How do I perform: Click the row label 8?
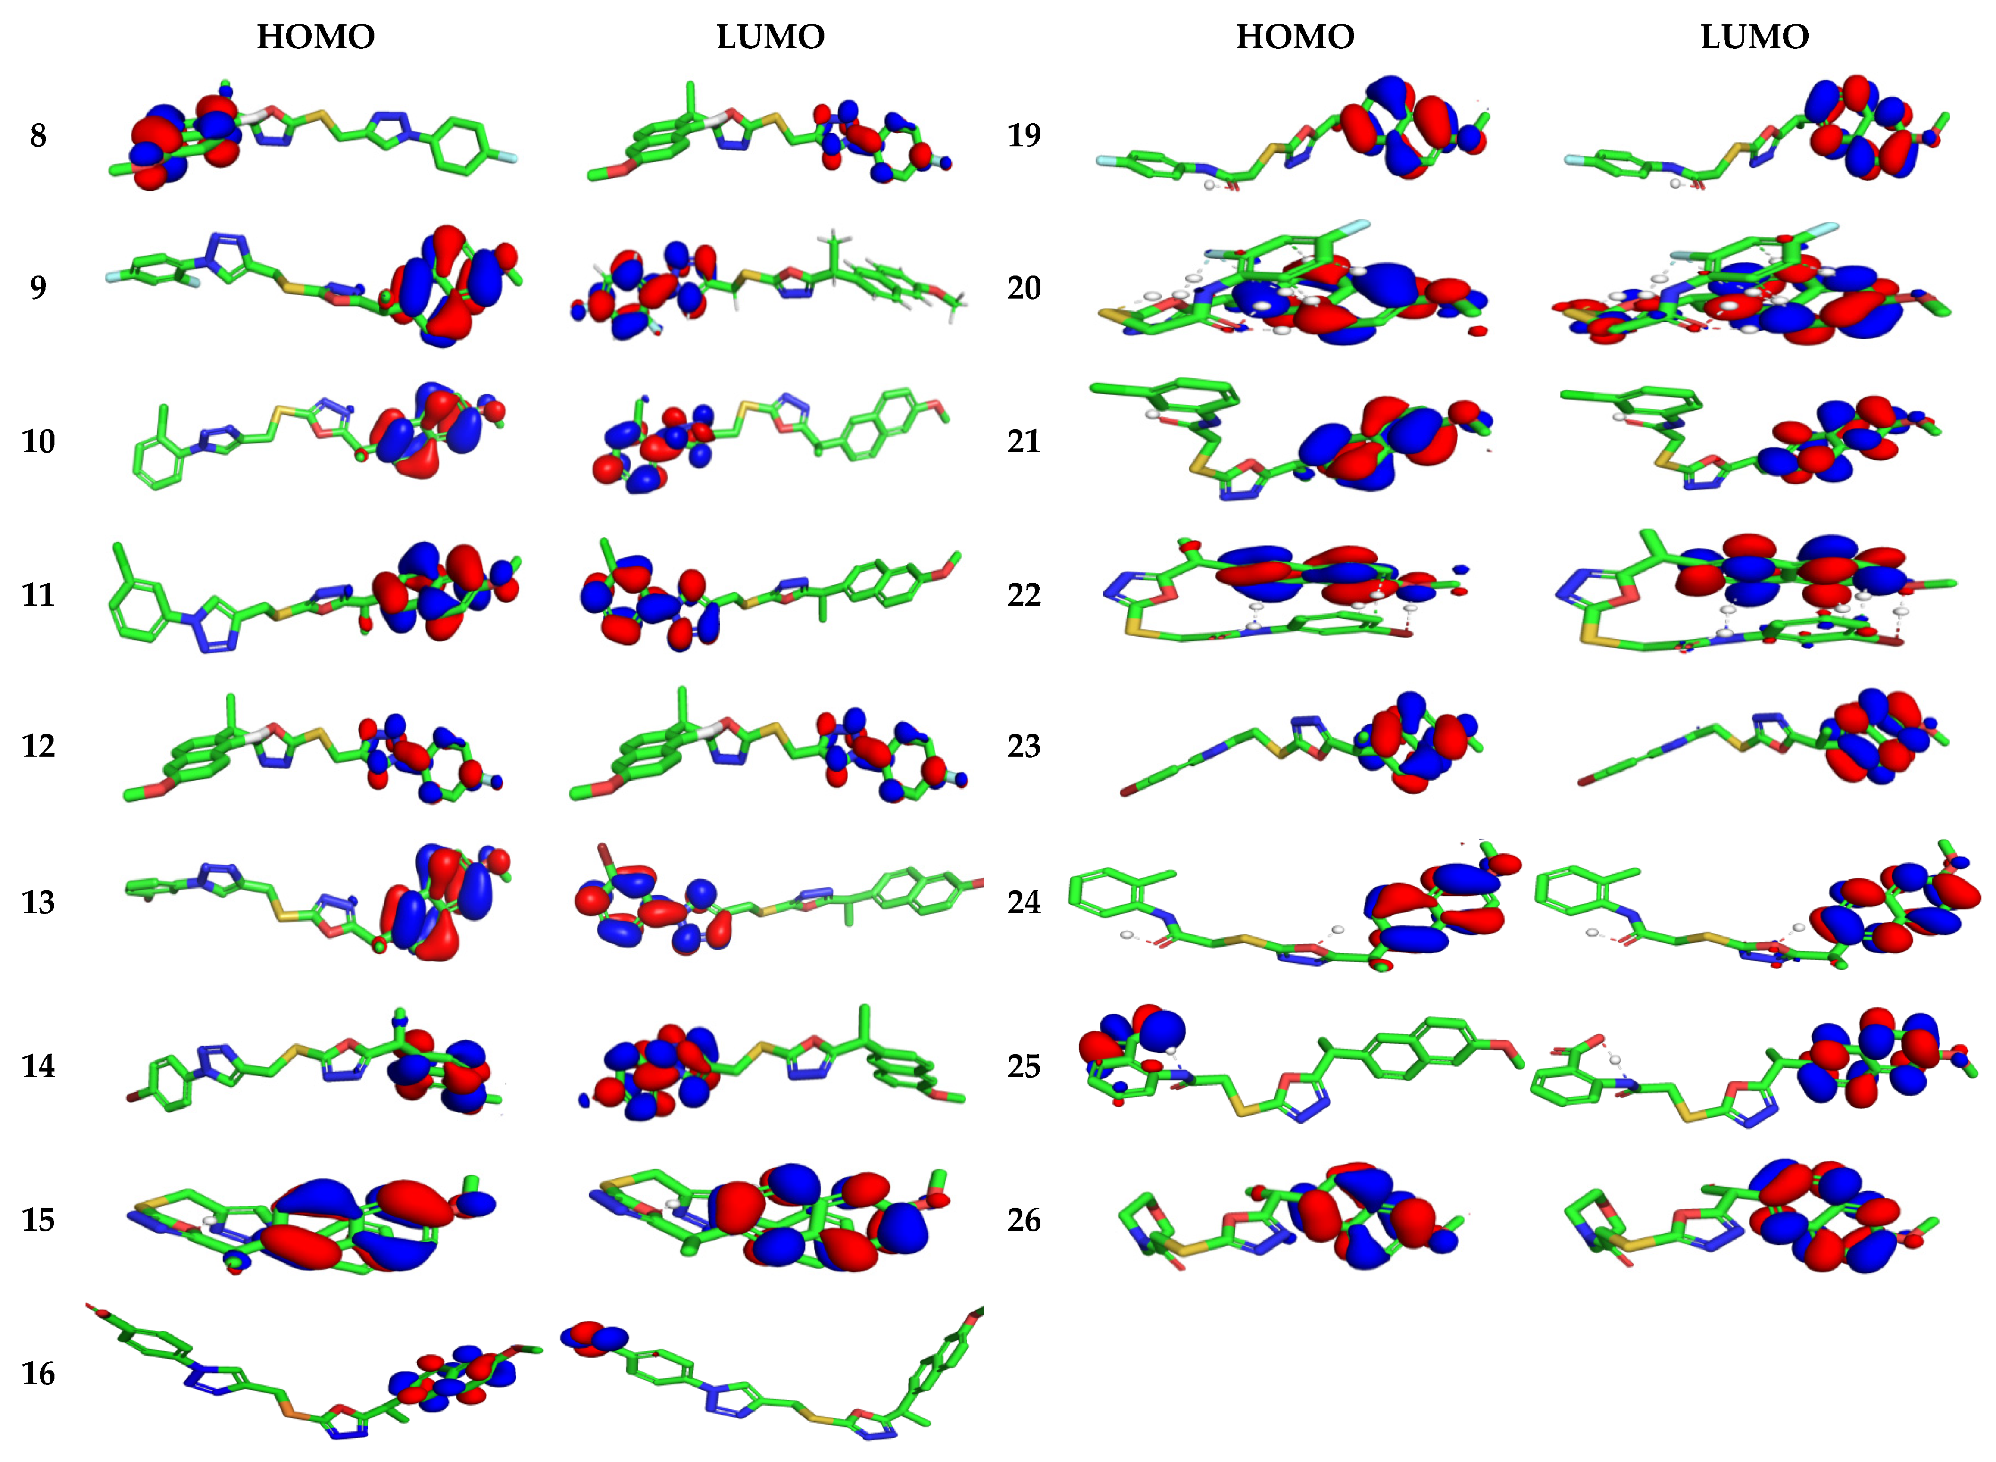tap(38, 135)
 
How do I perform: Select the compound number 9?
tap(38, 287)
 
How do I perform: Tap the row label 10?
tap(38, 441)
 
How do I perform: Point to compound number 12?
tap(38, 746)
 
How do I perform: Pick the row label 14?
tap(38, 1066)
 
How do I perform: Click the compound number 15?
tap(38, 1220)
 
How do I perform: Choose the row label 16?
tap(38, 1374)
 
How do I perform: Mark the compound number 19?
tap(1024, 135)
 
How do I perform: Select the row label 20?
tap(1024, 287)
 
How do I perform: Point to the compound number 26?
tap(1024, 1220)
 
